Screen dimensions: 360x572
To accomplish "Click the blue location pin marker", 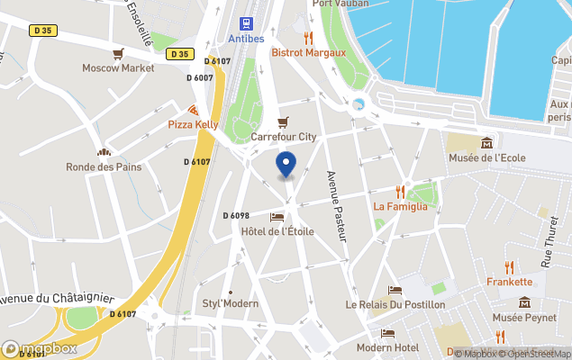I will point(286,165).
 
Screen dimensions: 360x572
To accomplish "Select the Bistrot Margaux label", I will point(309,52).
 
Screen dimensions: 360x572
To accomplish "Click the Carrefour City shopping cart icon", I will point(283,122).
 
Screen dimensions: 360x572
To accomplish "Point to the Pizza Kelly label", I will point(194,123).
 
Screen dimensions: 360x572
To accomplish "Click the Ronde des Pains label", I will point(104,166).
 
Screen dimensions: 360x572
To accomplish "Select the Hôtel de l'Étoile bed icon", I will point(277,217).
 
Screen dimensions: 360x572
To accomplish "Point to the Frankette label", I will point(509,281).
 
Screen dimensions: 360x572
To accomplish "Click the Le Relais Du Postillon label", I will point(395,304).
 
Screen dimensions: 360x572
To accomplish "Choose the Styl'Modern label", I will point(230,303).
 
